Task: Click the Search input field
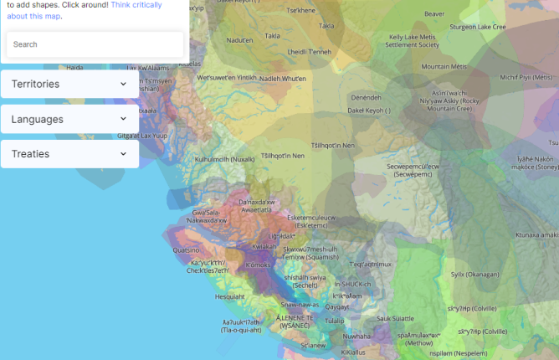[94, 44]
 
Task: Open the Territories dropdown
[69, 85]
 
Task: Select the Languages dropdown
[69, 119]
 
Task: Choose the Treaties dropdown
[69, 154]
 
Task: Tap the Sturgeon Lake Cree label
[478, 27]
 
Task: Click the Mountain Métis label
[444, 66]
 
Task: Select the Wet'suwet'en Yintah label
[227, 77]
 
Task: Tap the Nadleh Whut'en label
[283, 78]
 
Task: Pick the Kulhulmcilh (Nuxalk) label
[224, 158]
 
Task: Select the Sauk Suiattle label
[395, 318]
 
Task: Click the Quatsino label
[186, 249]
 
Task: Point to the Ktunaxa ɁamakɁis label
[536, 235]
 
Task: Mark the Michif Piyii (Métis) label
[526, 77]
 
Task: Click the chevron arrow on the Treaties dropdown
[123, 154]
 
